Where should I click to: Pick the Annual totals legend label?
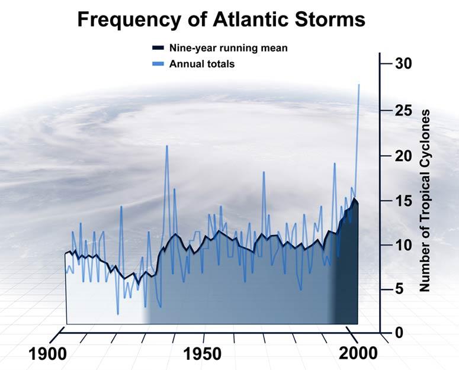pyautogui.click(x=201, y=64)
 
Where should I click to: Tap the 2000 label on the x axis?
pyautogui.click(x=358, y=354)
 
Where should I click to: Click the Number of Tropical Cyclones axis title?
pyautogui.click(x=425, y=200)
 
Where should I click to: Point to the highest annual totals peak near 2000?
pyautogui.click(x=359, y=85)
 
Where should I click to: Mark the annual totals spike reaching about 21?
pyautogui.click(x=166, y=146)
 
